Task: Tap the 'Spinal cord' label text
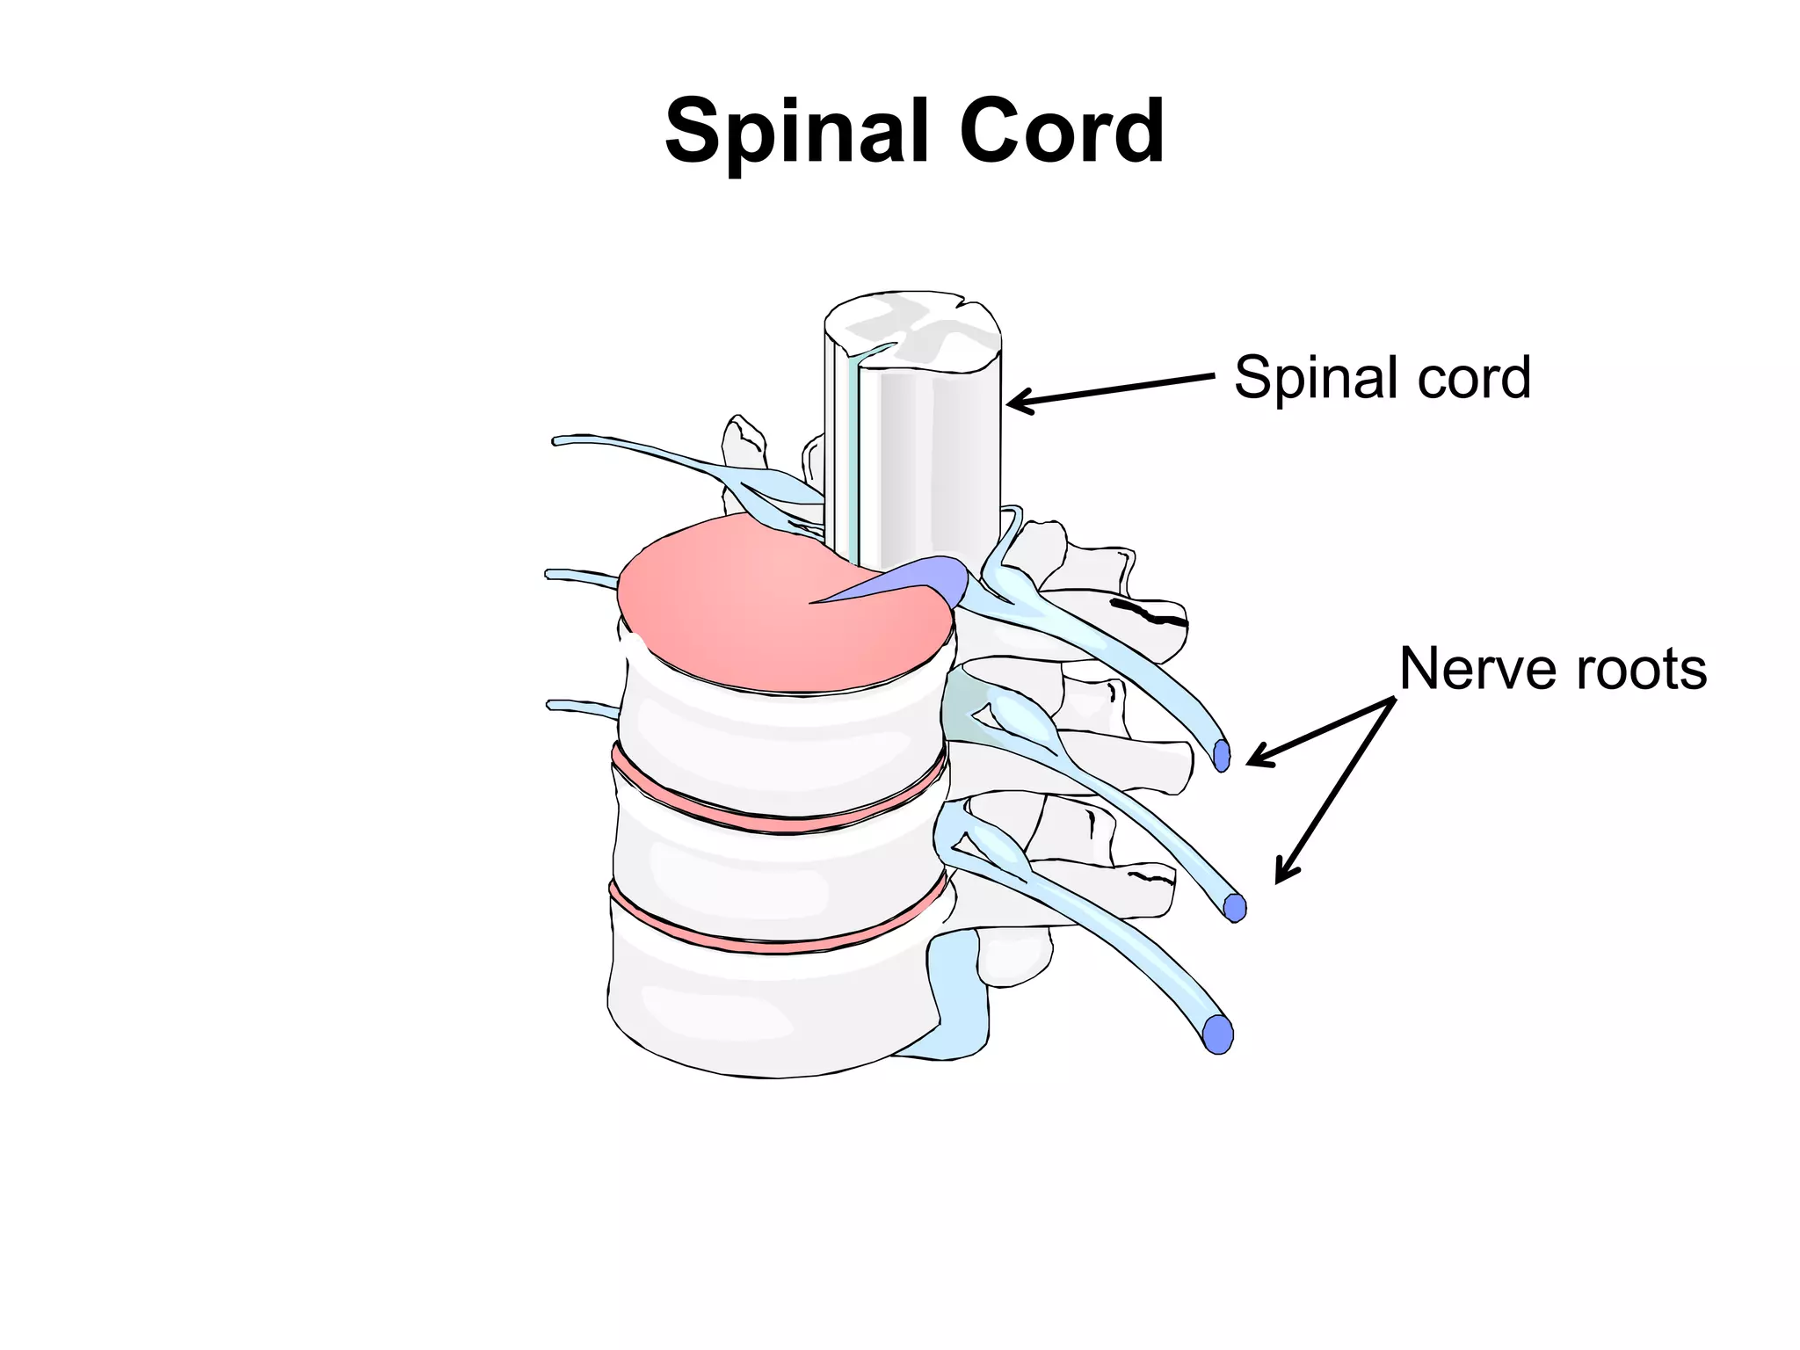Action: pyautogui.click(x=1382, y=378)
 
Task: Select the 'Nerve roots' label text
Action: pyautogui.click(x=1552, y=669)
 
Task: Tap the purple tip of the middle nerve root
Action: pyautogui.click(x=1235, y=907)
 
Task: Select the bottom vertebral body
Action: pyautogui.click(x=765, y=1011)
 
